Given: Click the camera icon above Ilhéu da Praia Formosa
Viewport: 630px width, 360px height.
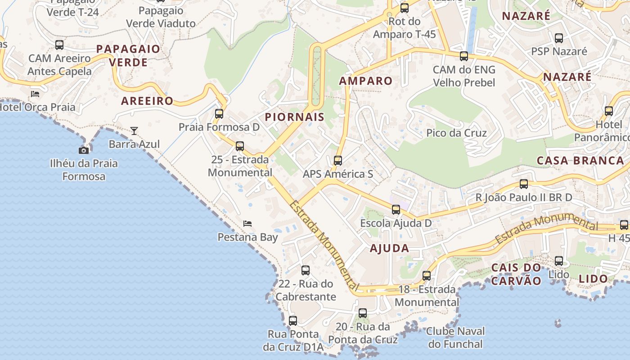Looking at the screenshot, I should tap(84, 150).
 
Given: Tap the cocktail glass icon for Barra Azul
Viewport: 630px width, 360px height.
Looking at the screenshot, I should tap(134, 131).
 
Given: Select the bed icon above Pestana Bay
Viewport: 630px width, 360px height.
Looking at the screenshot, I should tap(247, 224).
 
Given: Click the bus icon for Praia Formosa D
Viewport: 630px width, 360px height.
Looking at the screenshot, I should tap(219, 114).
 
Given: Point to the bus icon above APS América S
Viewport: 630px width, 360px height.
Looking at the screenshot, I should tap(338, 161).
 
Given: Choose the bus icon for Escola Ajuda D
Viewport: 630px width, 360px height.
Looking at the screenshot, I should tap(396, 210).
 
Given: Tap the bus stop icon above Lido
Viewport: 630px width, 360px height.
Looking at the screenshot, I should tap(559, 261).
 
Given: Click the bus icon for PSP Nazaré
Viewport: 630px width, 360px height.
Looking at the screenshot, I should tap(559, 38).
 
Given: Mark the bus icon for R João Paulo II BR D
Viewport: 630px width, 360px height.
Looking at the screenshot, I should tap(524, 184).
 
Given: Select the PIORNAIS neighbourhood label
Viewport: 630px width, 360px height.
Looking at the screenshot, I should tap(295, 117).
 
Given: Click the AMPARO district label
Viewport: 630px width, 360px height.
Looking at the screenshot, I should tap(366, 81).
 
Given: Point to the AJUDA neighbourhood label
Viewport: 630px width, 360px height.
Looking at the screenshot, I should tap(390, 248).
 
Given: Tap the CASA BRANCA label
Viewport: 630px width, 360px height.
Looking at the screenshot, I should tap(580, 161).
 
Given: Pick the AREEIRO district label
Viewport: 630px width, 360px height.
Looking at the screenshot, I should tap(147, 101).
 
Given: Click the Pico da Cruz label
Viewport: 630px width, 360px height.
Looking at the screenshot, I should tap(456, 133).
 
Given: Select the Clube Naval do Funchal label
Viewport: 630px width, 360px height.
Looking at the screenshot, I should tap(456, 338).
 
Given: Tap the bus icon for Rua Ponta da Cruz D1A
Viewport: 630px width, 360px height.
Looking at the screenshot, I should tap(293, 321).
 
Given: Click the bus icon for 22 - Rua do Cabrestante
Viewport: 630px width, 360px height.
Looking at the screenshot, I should tap(306, 270).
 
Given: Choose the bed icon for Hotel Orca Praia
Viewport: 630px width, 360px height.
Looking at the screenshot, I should tap(35, 94).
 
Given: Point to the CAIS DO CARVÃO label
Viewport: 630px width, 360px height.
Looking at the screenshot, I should tap(516, 274).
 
